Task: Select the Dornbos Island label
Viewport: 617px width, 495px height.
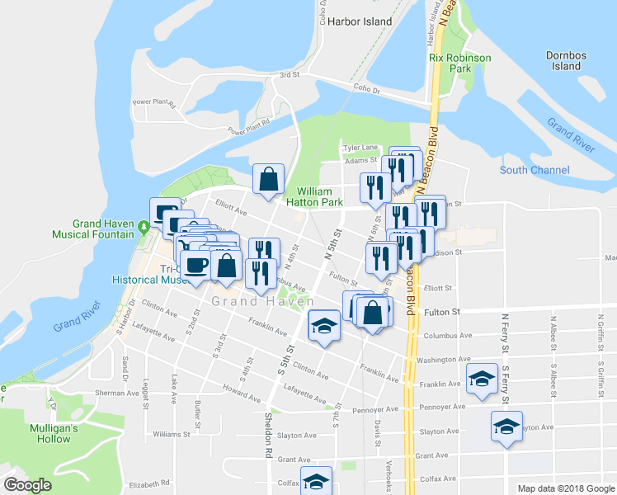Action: (x=567, y=60)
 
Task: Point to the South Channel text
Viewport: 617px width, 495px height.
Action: (x=535, y=170)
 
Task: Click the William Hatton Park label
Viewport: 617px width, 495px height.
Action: (x=314, y=196)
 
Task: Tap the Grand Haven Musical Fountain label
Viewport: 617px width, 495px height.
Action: (x=103, y=229)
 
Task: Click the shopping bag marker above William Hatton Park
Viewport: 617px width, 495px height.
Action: (x=268, y=179)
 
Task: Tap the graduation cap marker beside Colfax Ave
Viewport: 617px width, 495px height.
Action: (x=315, y=481)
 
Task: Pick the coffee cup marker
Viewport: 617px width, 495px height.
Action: (x=196, y=266)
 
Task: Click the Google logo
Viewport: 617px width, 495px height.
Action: (x=27, y=485)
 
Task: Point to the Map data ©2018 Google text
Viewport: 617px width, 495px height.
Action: (x=565, y=488)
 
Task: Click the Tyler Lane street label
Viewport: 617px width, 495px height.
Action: (x=360, y=148)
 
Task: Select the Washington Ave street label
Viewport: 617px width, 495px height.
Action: (x=444, y=360)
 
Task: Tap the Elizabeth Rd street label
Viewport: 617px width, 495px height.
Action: (x=148, y=483)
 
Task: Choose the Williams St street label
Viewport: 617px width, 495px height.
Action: (x=172, y=433)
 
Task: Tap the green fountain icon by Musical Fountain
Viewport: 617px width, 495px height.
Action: (x=144, y=224)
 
